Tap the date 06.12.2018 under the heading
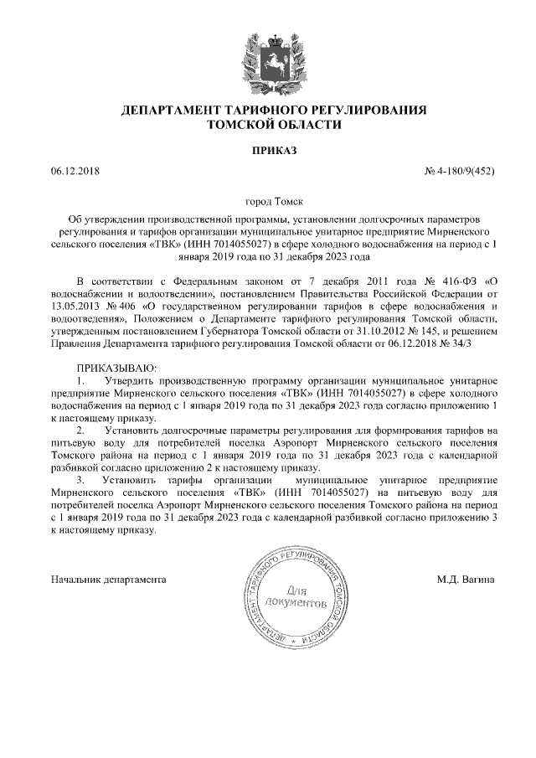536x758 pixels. [75, 172]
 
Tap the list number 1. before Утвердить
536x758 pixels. [80, 380]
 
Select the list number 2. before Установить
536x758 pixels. [80, 430]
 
